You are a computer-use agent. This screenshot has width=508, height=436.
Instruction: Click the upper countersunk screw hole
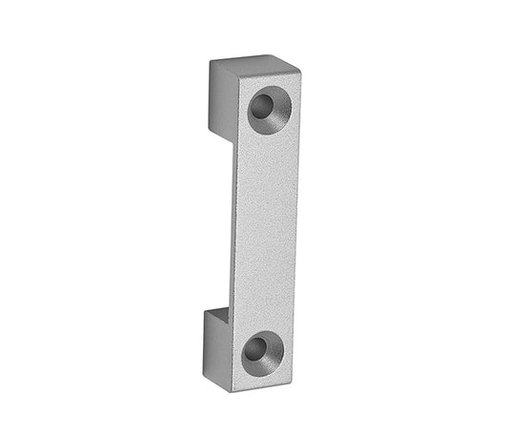point(269,110)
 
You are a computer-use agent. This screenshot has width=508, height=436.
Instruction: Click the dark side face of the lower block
point(215,347)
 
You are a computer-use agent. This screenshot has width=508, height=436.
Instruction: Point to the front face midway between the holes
point(264,229)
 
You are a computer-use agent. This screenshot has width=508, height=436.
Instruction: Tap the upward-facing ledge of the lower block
point(215,313)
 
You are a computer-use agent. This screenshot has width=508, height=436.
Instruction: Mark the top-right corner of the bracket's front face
point(300,73)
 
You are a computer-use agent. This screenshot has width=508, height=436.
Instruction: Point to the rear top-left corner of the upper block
point(211,64)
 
